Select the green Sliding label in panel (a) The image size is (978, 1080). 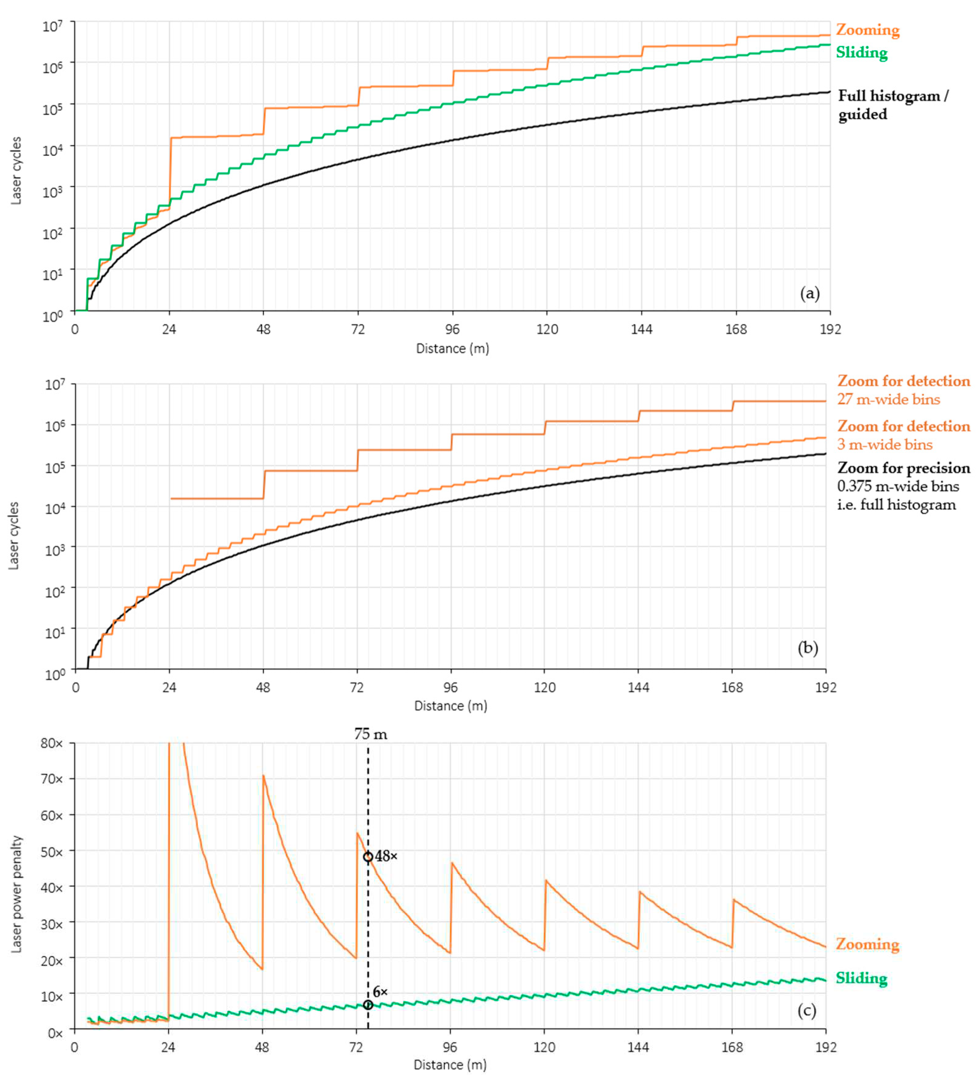(x=861, y=53)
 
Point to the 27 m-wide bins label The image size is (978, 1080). (x=888, y=400)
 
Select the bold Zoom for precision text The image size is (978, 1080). (x=903, y=468)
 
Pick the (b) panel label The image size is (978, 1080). (x=808, y=648)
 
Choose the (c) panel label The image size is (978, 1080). (x=807, y=1011)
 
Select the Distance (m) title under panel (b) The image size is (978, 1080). (x=451, y=706)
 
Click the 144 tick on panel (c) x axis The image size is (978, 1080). (x=638, y=1046)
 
